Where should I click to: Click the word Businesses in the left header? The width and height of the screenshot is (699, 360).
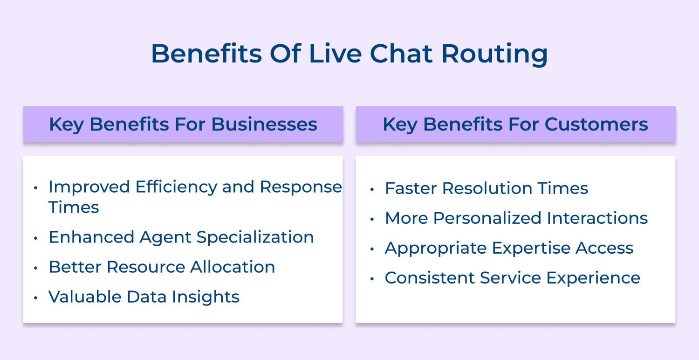click(x=264, y=125)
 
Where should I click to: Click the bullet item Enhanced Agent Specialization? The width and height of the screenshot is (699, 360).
click(x=181, y=237)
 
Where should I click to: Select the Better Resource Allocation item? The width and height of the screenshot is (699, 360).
click(x=162, y=267)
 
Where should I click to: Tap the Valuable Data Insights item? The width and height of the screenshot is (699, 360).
click(x=144, y=297)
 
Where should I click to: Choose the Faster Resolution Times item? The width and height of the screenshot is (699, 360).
click(x=486, y=188)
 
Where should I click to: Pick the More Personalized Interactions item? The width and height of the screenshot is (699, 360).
click(x=516, y=218)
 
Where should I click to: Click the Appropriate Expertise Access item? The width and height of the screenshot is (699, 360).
click(x=509, y=248)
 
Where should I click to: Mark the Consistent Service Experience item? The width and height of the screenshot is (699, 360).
click(x=512, y=278)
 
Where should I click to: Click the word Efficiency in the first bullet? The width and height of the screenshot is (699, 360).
click(x=176, y=187)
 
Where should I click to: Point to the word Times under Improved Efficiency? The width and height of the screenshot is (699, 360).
click(x=74, y=208)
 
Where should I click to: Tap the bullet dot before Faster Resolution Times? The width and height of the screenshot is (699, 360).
click(x=372, y=190)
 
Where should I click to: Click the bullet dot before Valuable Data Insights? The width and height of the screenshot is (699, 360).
click(x=36, y=298)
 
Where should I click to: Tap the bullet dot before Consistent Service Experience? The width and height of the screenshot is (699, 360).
click(x=372, y=279)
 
